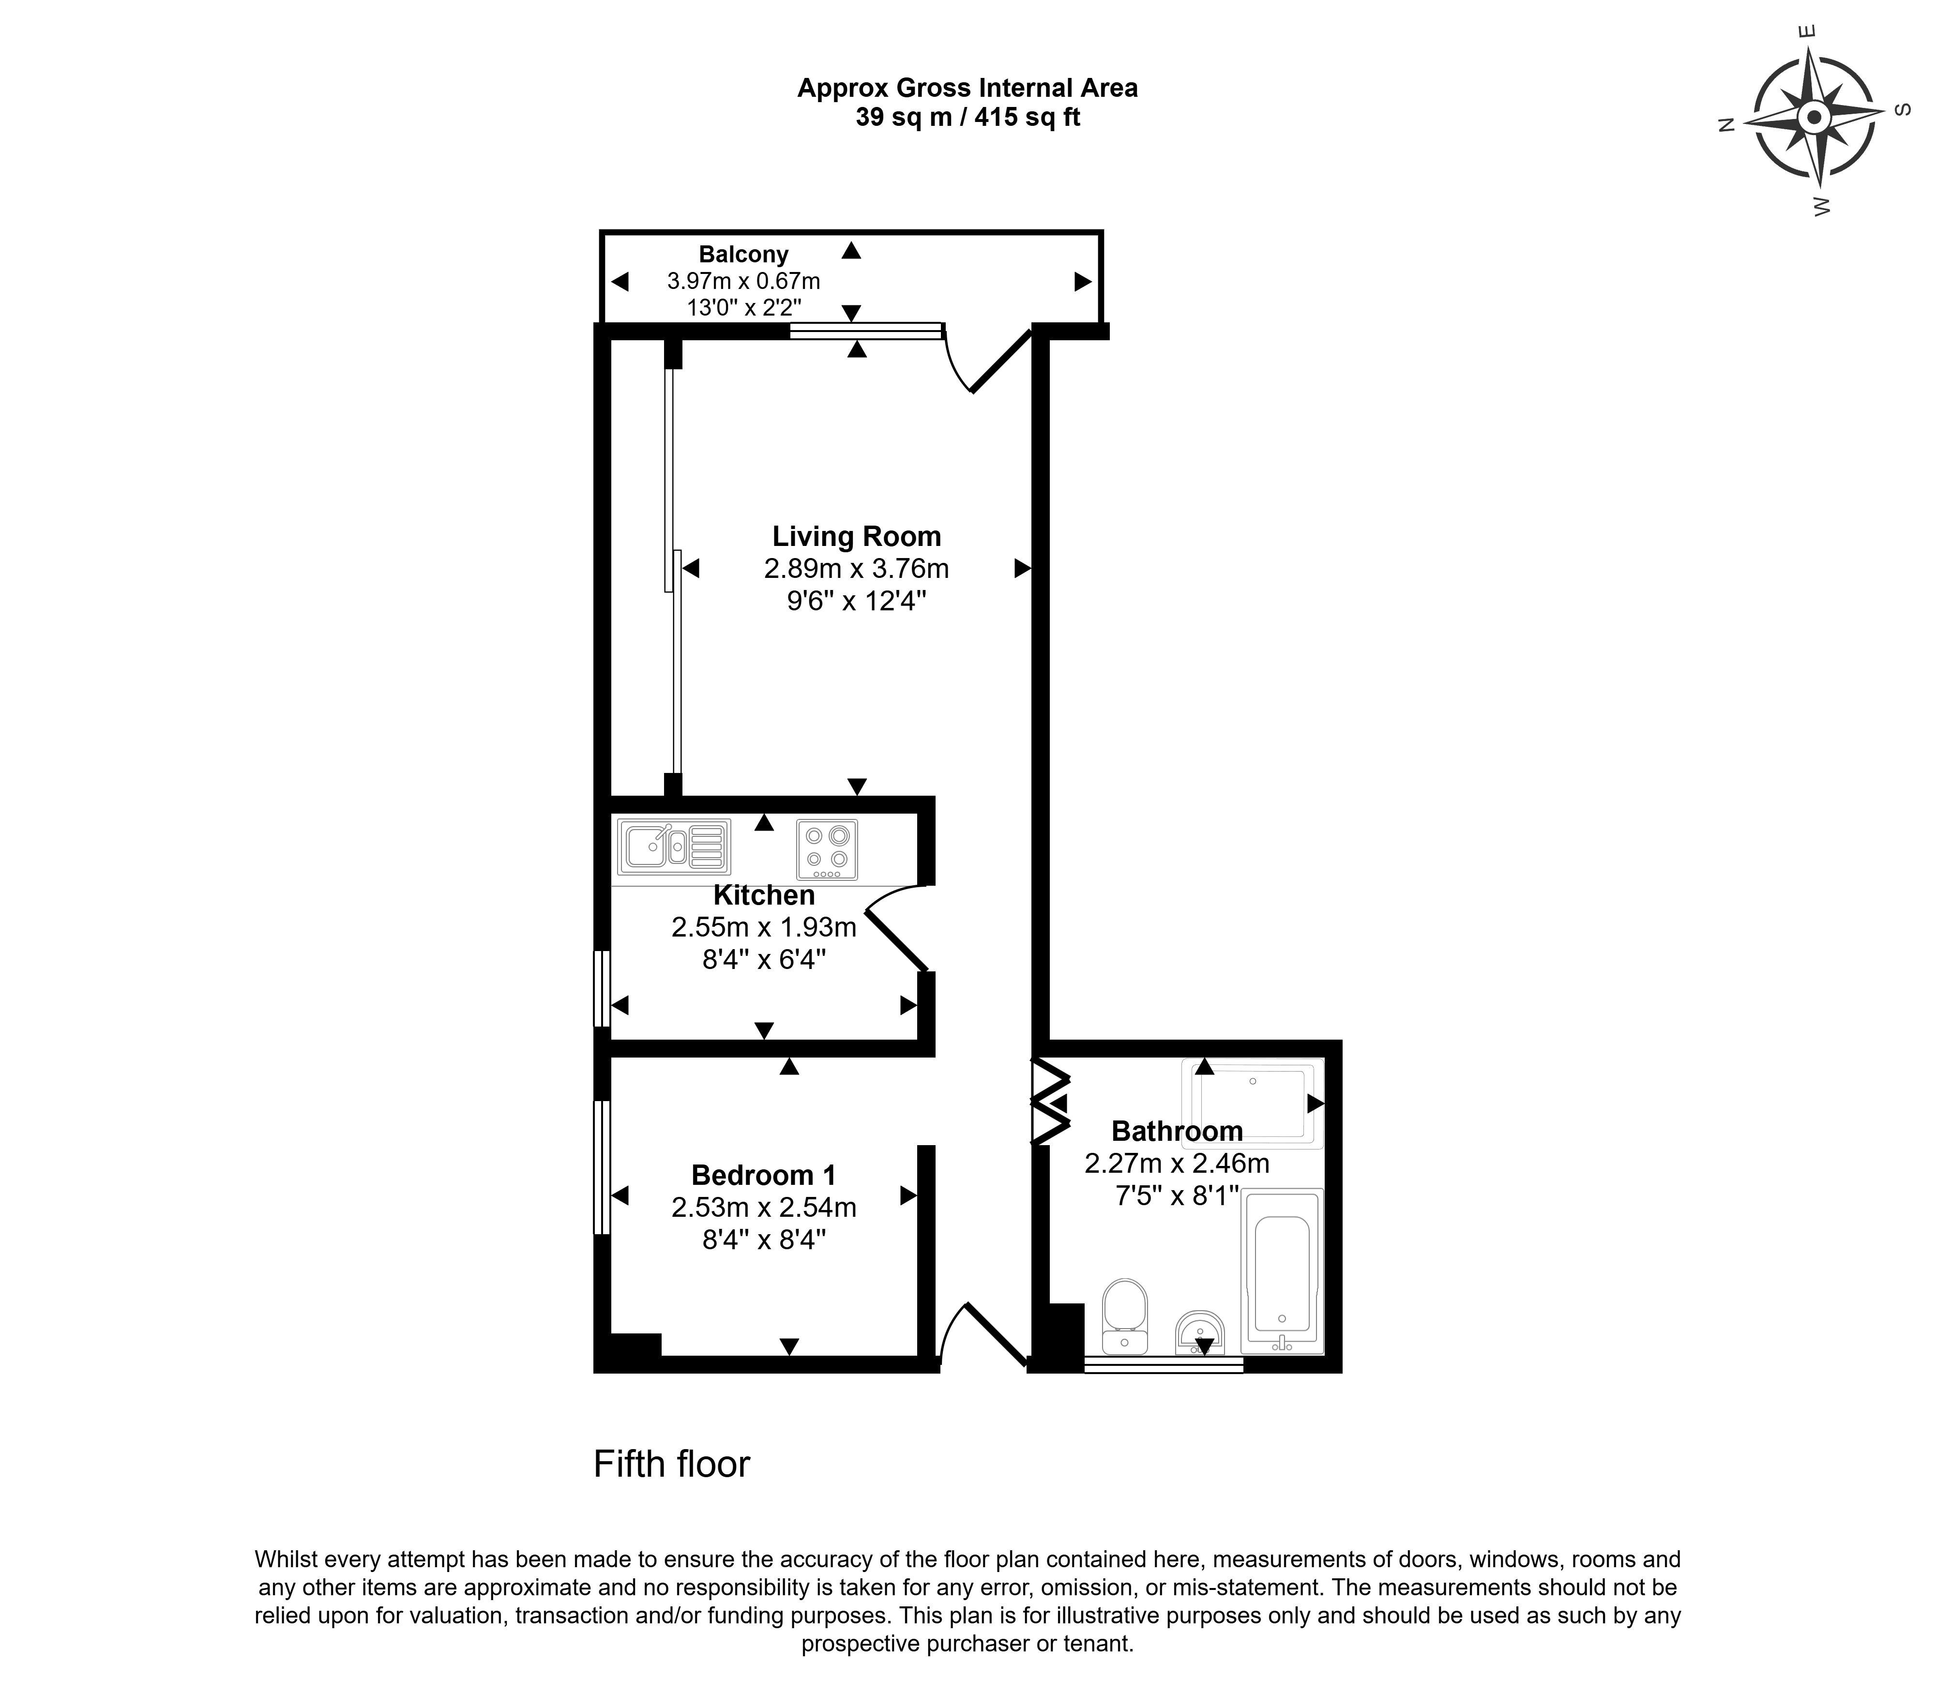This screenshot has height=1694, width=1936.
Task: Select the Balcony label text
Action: (x=743, y=254)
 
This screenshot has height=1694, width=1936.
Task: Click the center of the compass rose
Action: (x=1813, y=119)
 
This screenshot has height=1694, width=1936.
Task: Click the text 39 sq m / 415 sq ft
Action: (x=967, y=117)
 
